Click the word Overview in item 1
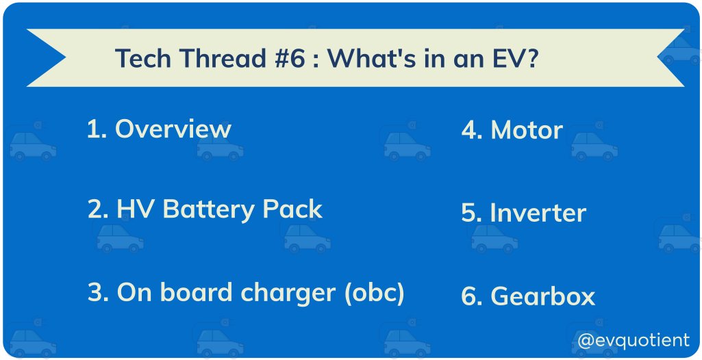[173, 129]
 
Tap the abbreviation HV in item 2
[132, 209]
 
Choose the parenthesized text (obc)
[374, 294]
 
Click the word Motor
[527, 130]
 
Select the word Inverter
[538, 213]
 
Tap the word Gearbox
[542, 296]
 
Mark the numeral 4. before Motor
[472, 130]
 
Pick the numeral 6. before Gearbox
[472, 296]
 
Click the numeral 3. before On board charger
[98, 293]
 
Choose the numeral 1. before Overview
[97, 129]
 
